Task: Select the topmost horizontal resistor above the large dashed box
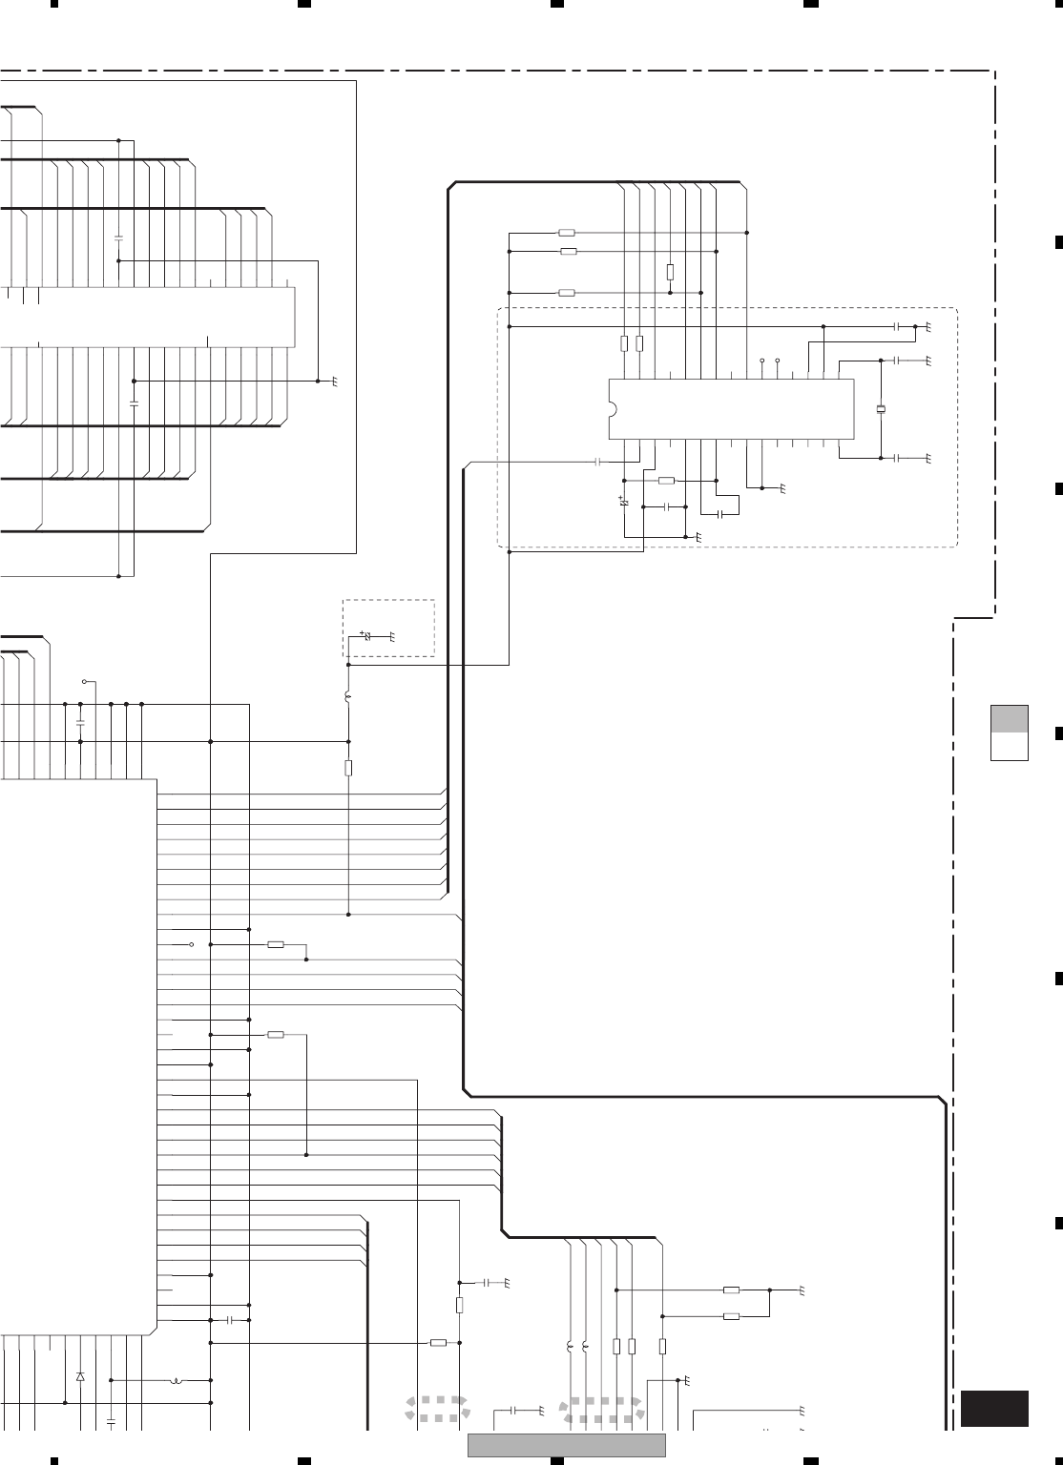click(567, 233)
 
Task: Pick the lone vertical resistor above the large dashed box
click(671, 272)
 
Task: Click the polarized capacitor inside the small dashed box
click(368, 636)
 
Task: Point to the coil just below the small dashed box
click(348, 700)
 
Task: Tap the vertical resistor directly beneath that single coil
click(349, 769)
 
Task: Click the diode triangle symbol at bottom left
click(80, 1376)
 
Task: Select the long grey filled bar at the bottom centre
click(567, 1446)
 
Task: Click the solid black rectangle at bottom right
click(994, 1409)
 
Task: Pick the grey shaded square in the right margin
click(1009, 718)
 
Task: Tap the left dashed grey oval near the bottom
click(436, 1409)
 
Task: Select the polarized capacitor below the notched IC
click(624, 500)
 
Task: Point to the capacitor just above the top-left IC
click(118, 236)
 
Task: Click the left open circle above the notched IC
click(762, 361)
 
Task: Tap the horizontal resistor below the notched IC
click(667, 480)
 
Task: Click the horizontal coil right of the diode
click(176, 1380)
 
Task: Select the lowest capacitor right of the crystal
click(897, 459)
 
